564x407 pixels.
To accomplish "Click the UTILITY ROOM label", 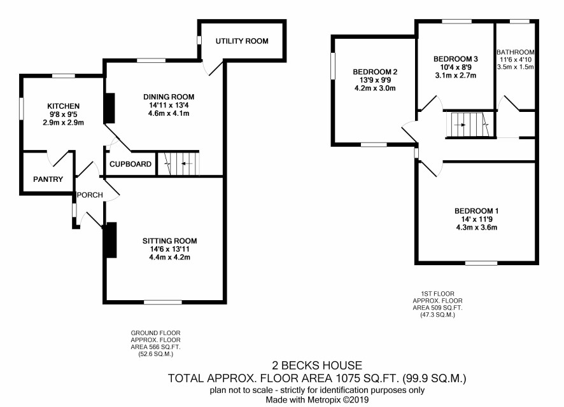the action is pyautogui.click(x=242, y=41).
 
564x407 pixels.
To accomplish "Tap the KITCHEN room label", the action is pyautogui.click(x=63, y=106).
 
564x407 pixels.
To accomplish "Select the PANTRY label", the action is pyautogui.click(x=48, y=179).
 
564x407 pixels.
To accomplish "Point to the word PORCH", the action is pyautogui.click(x=90, y=195).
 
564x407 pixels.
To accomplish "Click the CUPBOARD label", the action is pyautogui.click(x=130, y=164).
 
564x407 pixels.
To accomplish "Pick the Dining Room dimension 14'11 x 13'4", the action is pyautogui.click(x=169, y=106).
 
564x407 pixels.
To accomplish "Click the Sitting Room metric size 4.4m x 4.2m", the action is pyautogui.click(x=169, y=257).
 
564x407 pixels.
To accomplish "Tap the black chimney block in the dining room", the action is pyautogui.click(x=109, y=108).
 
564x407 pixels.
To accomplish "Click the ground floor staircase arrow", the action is pyautogui.click(x=186, y=164).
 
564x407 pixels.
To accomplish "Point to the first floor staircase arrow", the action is pyautogui.click(x=460, y=125).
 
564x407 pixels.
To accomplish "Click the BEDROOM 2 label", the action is pyautogui.click(x=375, y=72).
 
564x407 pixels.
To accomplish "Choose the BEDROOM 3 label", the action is pyautogui.click(x=455, y=59).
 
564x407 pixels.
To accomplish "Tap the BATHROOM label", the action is pyautogui.click(x=515, y=52).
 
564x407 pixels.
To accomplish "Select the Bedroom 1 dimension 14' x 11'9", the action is pyautogui.click(x=477, y=219).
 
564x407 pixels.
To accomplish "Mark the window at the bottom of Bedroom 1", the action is pyautogui.click(x=481, y=263).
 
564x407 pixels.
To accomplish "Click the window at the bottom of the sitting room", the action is pyautogui.click(x=163, y=302).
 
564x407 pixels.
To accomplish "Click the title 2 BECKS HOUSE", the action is pyautogui.click(x=317, y=365).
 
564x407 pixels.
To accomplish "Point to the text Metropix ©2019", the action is pyautogui.click(x=338, y=399).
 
